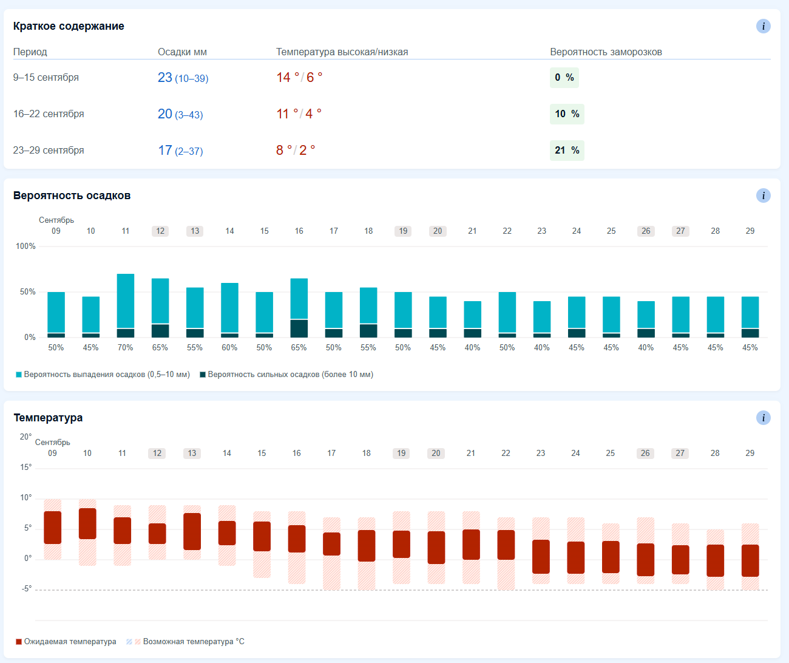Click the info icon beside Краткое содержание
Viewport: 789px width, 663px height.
[x=763, y=26]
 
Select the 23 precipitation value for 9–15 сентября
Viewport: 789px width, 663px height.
[x=164, y=78]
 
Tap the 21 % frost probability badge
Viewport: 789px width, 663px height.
[x=567, y=151]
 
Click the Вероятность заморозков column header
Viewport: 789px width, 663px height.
[x=606, y=52]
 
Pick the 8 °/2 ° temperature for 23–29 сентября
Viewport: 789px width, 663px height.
[x=296, y=151]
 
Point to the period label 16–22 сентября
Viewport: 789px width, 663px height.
[x=49, y=114]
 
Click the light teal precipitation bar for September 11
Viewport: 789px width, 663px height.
[x=126, y=301]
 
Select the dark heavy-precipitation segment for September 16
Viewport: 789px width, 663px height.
[x=299, y=328]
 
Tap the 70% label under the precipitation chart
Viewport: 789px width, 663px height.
[x=126, y=347]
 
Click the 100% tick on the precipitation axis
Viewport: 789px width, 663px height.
[x=25, y=246]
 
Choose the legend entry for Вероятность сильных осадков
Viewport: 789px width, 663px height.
[x=286, y=374]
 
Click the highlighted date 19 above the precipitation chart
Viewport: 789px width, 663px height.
[x=403, y=231]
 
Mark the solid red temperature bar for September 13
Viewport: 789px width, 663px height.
[x=192, y=531]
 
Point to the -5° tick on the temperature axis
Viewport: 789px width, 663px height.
[x=27, y=588]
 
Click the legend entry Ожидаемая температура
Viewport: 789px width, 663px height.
[x=66, y=642]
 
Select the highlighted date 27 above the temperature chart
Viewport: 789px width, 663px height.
[x=680, y=453]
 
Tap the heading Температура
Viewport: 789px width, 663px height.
[x=48, y=418]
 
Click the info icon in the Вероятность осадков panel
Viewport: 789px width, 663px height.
[x=763, y=195]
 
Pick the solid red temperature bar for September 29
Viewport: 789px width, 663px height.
[x=750, y=560]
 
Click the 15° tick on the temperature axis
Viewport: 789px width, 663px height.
[x=25, y=467]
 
